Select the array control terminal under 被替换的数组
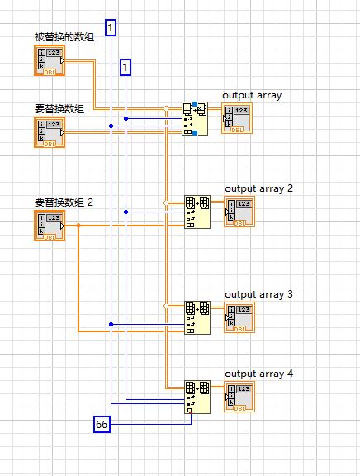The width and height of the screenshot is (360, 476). pyautogui.click(x=50, y=59)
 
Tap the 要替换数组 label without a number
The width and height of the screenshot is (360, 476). pyautogui.click(x=54, y=107)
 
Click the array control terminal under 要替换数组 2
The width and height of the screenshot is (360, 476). pyautogui.click(x=50, y=225)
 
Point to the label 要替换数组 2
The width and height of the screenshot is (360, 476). pyautogui.click(x=64, y=202)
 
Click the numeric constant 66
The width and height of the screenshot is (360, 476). pyautogui.click(x=102, y=424)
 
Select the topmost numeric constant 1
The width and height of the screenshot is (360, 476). pyautogui.click(x=111, y=28)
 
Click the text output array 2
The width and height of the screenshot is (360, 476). pyautogui.click(x=259, y=188)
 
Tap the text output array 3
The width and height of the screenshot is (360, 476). pyautogui.click(x=259, y=294)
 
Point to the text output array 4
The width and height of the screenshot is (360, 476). pyautogui.click(x=259, y=374)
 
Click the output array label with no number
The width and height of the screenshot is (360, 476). pyautogui.click(x=252, y=95)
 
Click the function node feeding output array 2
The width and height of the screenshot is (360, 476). pyautogui.click(x=197, y=212)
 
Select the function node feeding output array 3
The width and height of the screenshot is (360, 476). pyautogui.click(x=197, y=317)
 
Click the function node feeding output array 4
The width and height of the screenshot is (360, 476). pyautogui.click(x=197, y=397)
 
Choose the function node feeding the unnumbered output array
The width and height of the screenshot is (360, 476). pyautogui.click(x=195, y=118)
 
